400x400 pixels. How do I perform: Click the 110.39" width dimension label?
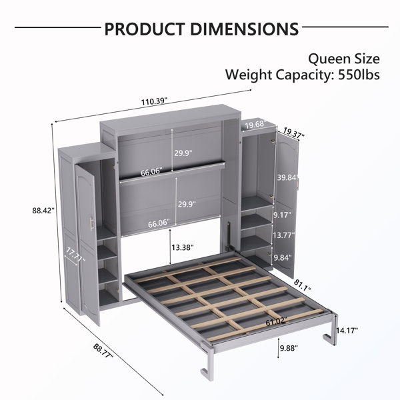tap(155, 101)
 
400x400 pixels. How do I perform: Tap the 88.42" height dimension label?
tap(43, 211)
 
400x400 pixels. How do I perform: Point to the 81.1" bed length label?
tap(303, 285)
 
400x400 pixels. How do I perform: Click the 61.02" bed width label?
tap(277, 322)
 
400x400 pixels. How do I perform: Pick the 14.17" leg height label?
tap(347, 331)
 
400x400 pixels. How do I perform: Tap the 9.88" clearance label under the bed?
tap(289, 348)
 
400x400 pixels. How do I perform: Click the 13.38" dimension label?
tap(183, 247)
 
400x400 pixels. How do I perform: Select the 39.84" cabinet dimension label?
tap(288, 177)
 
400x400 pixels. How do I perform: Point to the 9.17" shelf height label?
tap(283, 215)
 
